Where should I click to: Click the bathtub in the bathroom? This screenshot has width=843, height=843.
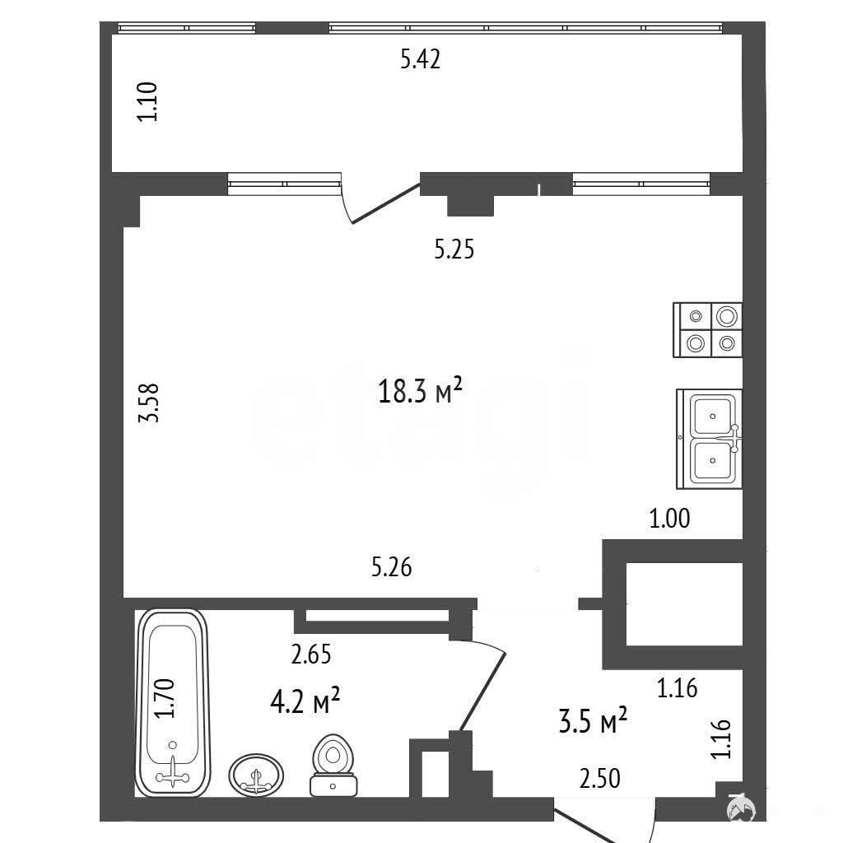coord(173,703)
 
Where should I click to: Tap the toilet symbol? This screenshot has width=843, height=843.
coord(333,765)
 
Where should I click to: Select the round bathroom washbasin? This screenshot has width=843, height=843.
coord(256,774)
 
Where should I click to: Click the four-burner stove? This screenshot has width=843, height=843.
coord(707,329)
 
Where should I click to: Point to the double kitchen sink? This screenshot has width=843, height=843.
coord(709,439)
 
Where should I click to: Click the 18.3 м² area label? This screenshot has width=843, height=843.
coord(420,390)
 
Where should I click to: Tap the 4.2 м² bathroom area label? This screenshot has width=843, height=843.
coord(305,701)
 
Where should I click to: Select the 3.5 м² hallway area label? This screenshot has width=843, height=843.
coord(593,720)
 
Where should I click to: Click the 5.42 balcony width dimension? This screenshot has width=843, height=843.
coord(421,59)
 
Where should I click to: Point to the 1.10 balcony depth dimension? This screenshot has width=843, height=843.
coord(147,101)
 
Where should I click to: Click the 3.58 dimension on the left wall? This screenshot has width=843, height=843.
coord(148,403)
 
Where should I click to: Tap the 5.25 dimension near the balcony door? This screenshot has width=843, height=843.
coord(454,249)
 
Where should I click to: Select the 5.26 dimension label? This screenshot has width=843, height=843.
coord(391,567)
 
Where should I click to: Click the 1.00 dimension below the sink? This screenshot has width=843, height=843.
coord(669,519)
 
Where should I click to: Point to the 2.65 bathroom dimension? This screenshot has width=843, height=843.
coord(310,654)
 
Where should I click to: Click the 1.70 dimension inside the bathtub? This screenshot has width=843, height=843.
coord(165,698)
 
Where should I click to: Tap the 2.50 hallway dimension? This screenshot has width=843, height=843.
coord(599,779)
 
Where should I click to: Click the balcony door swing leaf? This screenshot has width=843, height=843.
coord(385,203)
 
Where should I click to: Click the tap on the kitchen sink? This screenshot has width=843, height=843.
coord(734,438)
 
